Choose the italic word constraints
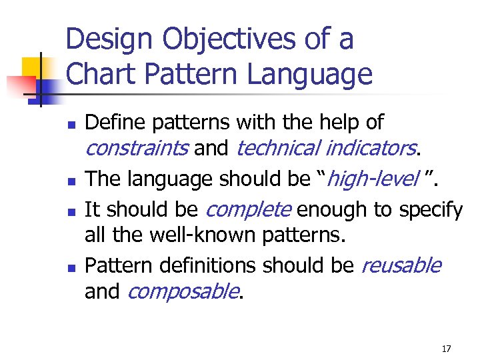pos(137,148)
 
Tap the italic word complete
pos(249,211)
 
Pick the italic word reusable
pos(401,265)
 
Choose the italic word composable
pos(181,291)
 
